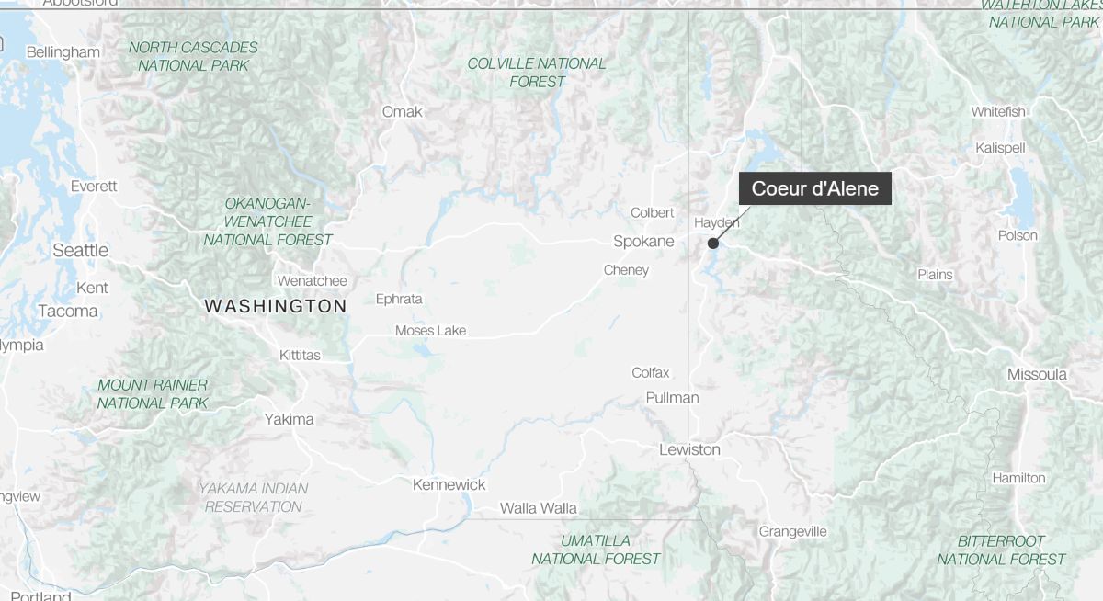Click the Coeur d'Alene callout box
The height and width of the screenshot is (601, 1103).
click(814, 189)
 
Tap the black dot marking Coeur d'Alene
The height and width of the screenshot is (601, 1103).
click(712, 244)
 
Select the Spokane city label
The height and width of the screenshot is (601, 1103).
click(643, 242)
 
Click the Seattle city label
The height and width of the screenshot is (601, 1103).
click(80, 250)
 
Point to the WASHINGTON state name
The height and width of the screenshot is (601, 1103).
click(276, 306)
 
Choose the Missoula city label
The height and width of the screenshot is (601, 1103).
click(1037, 374)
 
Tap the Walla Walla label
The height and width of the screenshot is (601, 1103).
click(538, 508)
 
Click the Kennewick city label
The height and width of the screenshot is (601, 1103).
click(449, 484)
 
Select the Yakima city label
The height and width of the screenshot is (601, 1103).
click(289, 419)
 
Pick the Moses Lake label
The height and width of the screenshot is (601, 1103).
click(430, 331)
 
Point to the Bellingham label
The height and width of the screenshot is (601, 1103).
click(63, 52)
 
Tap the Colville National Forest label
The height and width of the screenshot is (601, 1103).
click(537, 73)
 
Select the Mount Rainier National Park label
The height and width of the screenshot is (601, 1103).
click(153, 394)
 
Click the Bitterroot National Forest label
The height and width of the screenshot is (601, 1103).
click(1001, 550)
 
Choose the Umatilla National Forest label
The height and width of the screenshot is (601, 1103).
click(596, 550)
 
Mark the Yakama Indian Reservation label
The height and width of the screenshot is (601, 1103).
click(254, 497)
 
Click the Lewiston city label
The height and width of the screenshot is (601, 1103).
click(689, 449)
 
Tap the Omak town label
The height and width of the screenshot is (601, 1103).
click(402, 112)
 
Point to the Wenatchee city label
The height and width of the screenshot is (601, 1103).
click(312, 280)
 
